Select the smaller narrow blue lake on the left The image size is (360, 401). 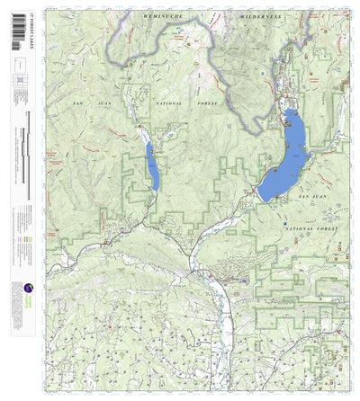(x=150, y=167)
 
